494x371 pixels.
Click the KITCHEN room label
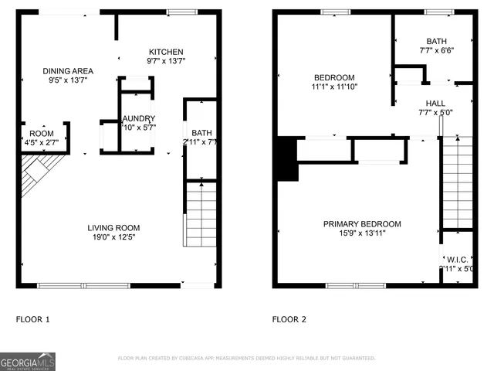point(166,52)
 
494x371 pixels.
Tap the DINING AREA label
point(67,71)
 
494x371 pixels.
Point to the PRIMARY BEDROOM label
point(361,224)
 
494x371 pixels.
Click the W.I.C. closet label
point(455,259)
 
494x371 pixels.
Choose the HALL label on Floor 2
point(435,103)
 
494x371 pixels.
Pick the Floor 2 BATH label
point(436,42)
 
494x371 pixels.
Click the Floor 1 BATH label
point(201,133)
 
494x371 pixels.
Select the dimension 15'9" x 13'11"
point(361,233)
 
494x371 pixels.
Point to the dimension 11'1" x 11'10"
point(334,87)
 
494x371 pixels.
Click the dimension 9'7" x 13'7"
point(166,61)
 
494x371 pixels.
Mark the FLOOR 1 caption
point(32,318)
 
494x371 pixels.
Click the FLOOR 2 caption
point(289,318)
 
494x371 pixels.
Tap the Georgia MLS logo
point(28,361)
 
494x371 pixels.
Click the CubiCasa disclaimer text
point(246,359)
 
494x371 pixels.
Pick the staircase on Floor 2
point(456,182)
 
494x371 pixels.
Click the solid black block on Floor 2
point(286,158)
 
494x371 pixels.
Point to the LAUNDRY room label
point(139,119)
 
